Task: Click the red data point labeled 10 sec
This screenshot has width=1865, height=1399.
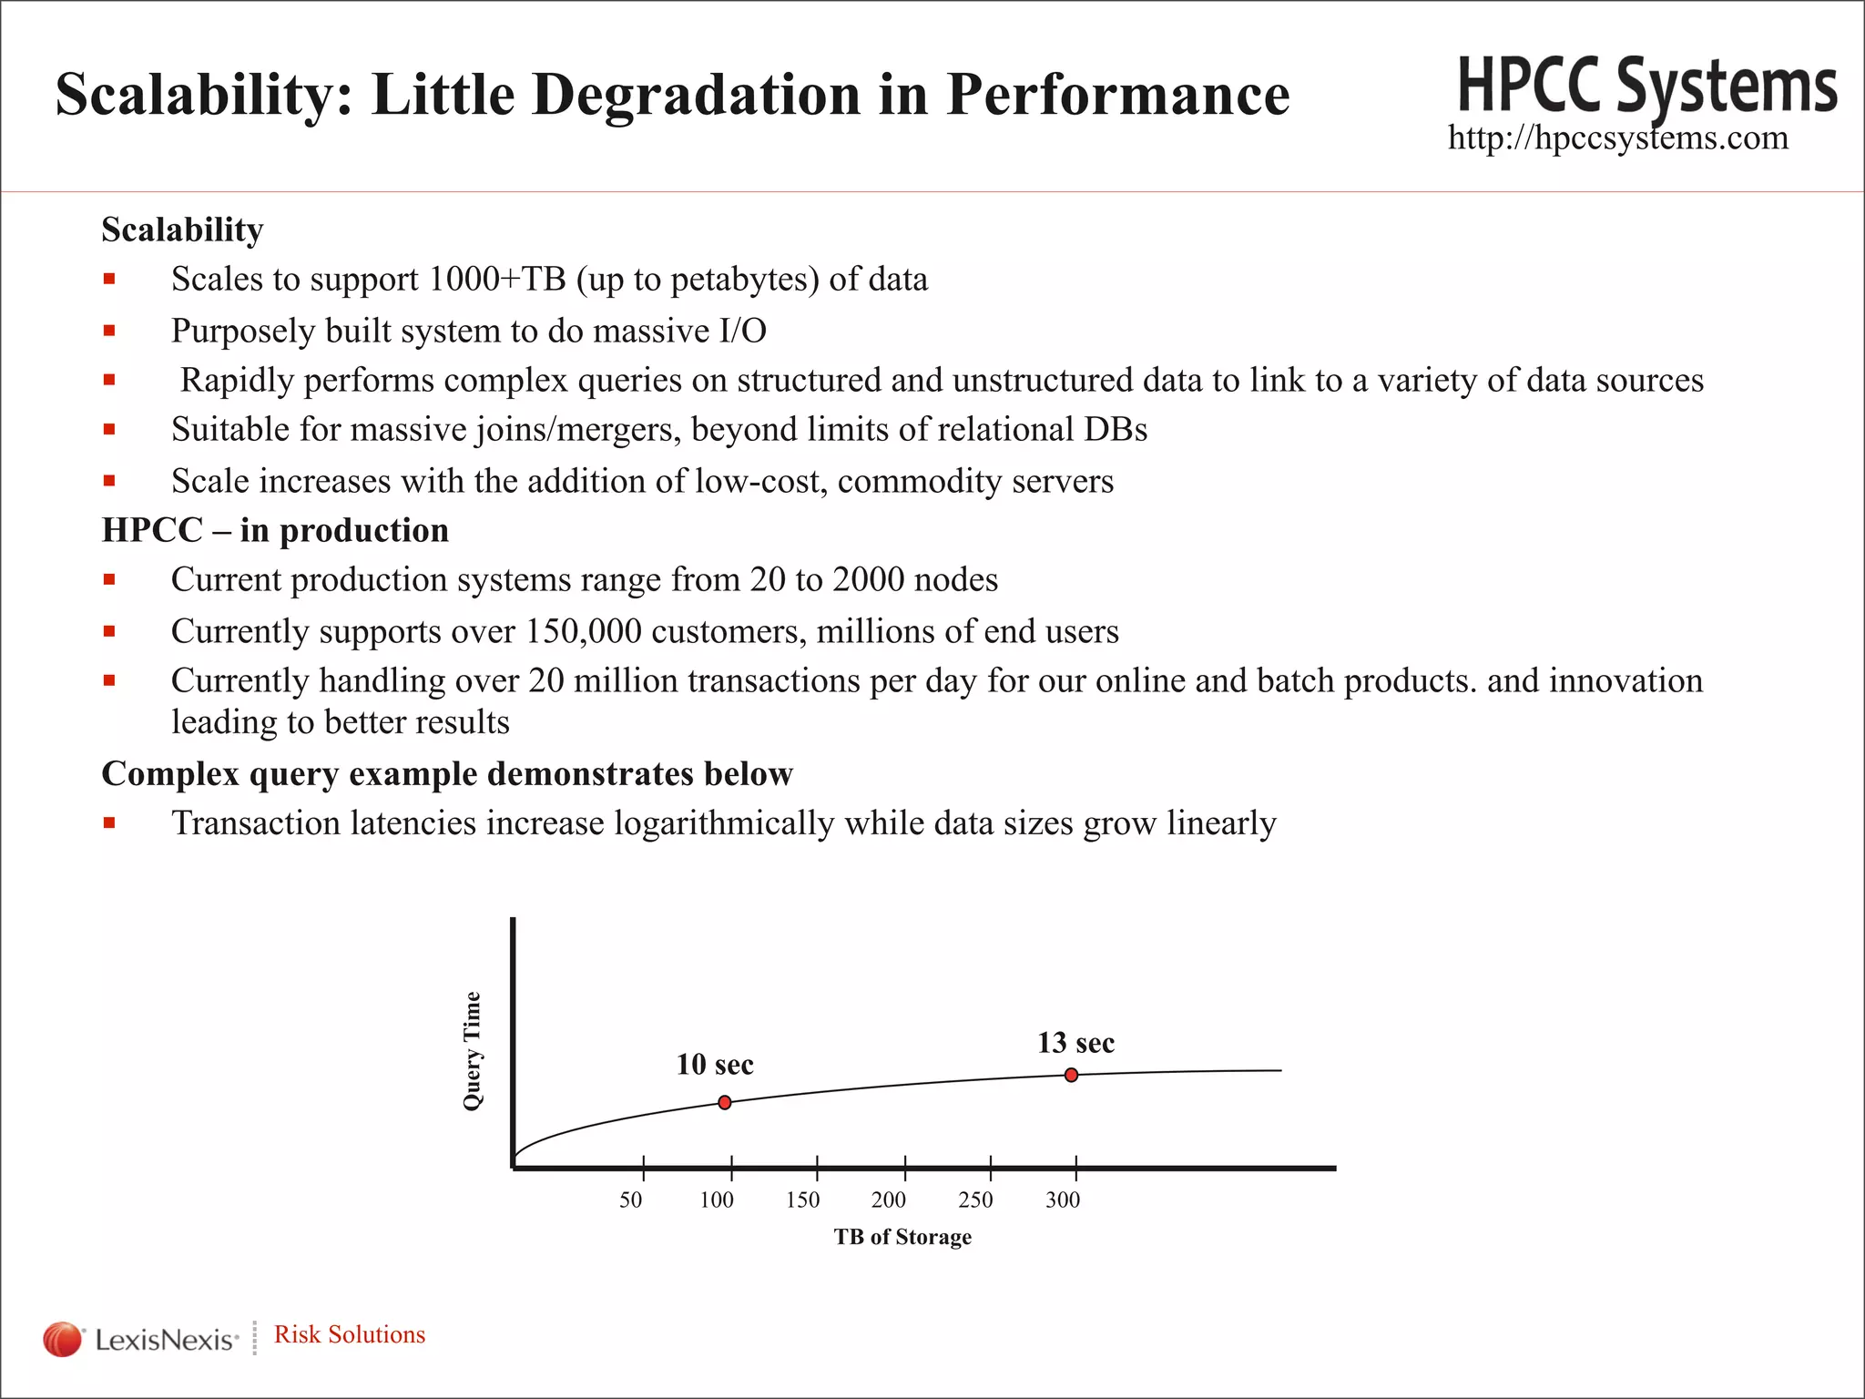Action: click(725, 1102)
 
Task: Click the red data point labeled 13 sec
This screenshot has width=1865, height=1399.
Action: click(1071, 1075)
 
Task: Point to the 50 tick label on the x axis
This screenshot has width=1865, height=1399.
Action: click(631, 1200)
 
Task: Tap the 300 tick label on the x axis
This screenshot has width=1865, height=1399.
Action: click(1063, 1200)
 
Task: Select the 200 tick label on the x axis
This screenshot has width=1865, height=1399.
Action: click(889, 1200)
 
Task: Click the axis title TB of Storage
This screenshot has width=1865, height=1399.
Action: click(902, 1237)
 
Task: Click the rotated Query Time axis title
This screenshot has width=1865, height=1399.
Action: click(472, 1051)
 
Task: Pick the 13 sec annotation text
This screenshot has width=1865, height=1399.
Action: click(1075, 1043)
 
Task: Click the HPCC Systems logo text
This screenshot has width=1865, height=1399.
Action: click(1646, 87)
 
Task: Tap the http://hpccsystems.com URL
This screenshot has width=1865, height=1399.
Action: click(1617, 138)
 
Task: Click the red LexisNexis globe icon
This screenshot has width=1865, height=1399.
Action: click(62, 1339)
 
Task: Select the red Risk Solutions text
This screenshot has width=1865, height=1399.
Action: click(350, 1334)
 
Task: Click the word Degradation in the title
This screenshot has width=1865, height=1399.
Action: click(697, 94)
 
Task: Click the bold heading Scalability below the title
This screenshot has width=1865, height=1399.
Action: click(182, 230)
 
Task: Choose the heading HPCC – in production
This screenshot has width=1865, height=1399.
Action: click(275, 530)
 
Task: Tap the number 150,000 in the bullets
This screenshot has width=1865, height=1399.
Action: click(584, 631)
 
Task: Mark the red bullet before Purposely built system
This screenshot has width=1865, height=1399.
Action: click(109, 331)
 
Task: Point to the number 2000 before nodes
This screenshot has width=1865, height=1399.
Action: click(868, 579)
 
